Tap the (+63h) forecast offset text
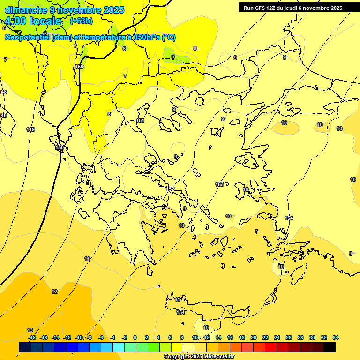point(81,21)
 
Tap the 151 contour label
point(140,121)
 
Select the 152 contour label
point(171,189)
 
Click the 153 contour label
point(219,184)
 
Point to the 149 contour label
point(30,129)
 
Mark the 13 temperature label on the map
point(30,330)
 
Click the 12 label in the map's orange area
point(54,292)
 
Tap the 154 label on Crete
point(180,312)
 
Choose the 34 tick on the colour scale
point(336,337)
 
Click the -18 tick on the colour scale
point(32,337)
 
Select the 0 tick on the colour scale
point(135,337)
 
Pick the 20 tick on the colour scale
point(254,337)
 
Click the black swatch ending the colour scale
point(330,347)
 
